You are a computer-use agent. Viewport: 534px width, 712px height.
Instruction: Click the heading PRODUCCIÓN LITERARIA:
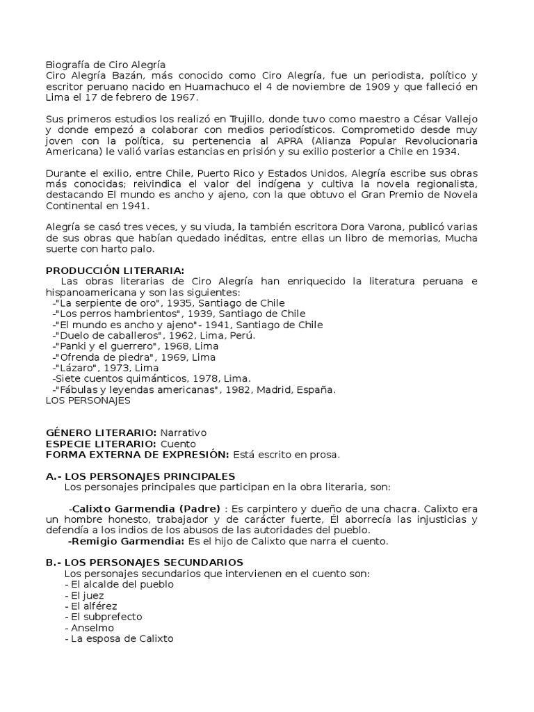(115, 270)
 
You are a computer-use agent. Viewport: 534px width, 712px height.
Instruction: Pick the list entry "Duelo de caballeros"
(103, 335)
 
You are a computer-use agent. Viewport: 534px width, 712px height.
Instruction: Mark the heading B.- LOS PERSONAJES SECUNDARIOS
(144, 562)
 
